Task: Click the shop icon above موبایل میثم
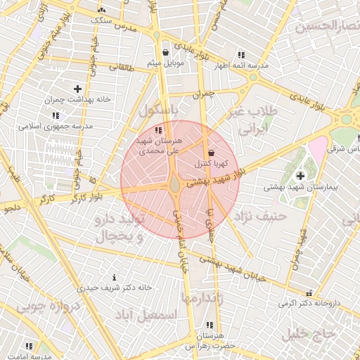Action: pos(165,52)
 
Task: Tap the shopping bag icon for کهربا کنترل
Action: pos(211,153)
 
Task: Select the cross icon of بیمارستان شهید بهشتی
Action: pos(301,175)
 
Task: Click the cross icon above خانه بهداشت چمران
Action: pos(77,89)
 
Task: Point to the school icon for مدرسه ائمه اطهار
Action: pos(242,55)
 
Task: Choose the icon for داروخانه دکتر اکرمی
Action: pos(309,292)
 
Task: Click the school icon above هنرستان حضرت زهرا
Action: pos(209,326)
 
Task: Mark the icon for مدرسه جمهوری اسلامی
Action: pos(56,115)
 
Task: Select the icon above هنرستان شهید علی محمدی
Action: pos(159,130)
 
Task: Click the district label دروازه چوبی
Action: pos(44,307)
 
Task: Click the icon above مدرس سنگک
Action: pos(103,10)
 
